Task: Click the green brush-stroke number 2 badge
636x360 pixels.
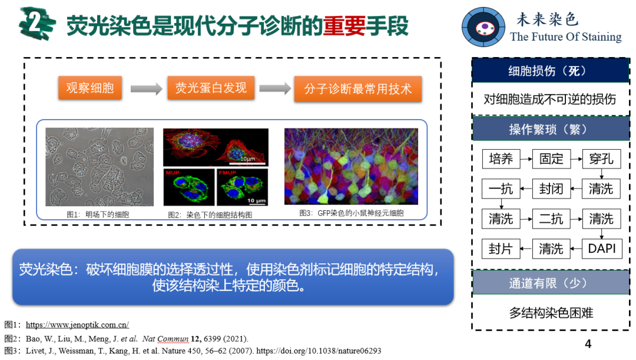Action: pyautogui.click(x=37, y=24)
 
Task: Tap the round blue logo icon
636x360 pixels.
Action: pyautogui.click(x=483, y=27)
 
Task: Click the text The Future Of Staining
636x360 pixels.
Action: pyautogui.click(x=566, y=37)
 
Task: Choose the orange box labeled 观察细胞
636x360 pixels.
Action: pyautogui.click(x=90, y=88)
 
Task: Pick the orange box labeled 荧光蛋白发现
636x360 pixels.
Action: pyautogui.click(x=211, y=88)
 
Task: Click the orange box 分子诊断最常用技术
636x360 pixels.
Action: pyautogui.click(x=358, y=89)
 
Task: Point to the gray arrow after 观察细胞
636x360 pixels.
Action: pyautogui.click(x=147, y=88)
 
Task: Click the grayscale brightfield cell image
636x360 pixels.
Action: pyautogui.click(x=100, y=167)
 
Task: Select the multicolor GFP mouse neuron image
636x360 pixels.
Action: pyautogui.click(x=351, y=166)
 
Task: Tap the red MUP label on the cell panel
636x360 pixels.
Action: pyautogui.click(x=173, y=173)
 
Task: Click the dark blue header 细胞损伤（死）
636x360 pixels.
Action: pyautogui.click(x=551, y=71)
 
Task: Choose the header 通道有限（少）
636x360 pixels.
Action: pyautogui.click(x=551, y=282)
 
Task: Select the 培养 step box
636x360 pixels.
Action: pyautogui.click(x=501, y=158)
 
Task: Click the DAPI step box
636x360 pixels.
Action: pyautogui.click(x=601, y=249)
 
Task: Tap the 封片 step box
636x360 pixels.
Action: pyautogui.click(x=501, y=249)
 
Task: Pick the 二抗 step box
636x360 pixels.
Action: pyautogui.click(x=551, y=219)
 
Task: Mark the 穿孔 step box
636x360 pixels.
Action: pyautogui.click(x=601, y=158)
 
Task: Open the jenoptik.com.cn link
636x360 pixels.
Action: pyautogui.click(x=78, y=325)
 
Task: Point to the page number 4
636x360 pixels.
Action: pyautogui.click(x=588, y=344)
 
